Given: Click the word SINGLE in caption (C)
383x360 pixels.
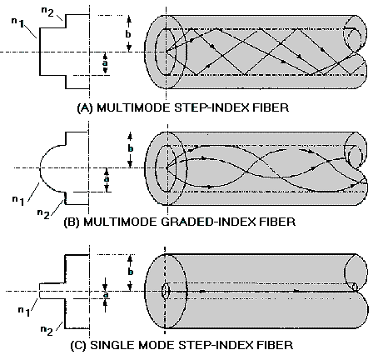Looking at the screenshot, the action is coord(112,345).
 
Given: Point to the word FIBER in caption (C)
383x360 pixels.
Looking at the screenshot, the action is coord(275,345).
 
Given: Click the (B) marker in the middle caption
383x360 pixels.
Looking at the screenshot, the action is coord(72,222).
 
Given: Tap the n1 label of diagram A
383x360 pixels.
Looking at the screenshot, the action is coord(18,22).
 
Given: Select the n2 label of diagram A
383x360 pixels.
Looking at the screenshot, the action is coord(47,12).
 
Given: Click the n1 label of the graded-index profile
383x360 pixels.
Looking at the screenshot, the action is coord(18,201).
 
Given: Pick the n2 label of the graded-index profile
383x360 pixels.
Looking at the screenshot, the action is coord(43,214).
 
